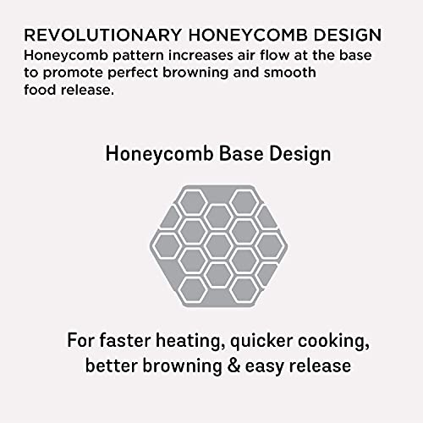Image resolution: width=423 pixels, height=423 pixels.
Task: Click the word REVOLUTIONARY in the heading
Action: (x=102, y=35)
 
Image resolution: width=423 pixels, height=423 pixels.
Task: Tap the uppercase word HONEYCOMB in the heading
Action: (x=248, y=35)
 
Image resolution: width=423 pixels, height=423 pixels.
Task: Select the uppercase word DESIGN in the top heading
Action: (x=348, y=35)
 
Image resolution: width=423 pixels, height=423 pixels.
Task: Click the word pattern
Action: (x=138, y=56)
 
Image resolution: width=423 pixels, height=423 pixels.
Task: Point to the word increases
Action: (x=201, y=56)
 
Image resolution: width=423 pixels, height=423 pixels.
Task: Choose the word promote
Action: (x=73, y=74)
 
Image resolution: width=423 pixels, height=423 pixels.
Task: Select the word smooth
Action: (x=290, y=73)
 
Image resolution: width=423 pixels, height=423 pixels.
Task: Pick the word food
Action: (x=40, y=90)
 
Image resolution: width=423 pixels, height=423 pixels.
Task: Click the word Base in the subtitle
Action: (x=241, y=154)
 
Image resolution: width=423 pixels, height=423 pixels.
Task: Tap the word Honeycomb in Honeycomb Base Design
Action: (x=160, y=155)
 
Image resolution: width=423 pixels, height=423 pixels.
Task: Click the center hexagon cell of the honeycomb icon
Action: (x=218, y=246)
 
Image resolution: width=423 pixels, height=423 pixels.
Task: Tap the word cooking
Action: (x=334, y=341)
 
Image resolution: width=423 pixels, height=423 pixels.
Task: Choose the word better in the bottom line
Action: (x=112, y=365)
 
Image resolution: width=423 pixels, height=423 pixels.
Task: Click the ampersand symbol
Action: (x=233, y=365)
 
